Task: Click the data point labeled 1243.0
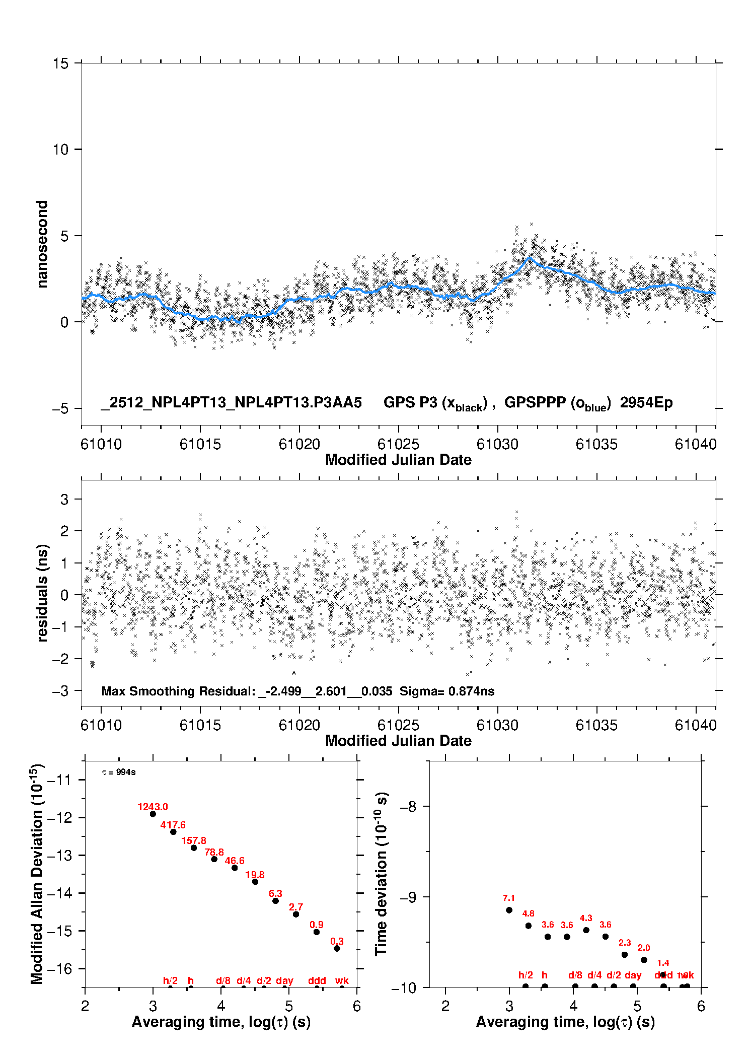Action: coord(153,814)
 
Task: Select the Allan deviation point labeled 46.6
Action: coord(235,868)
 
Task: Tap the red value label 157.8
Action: coord(194,840)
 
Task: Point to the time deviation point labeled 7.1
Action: coord(509,910)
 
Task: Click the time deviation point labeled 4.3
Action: coord(586,930)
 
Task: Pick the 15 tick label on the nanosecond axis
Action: coord(60,63)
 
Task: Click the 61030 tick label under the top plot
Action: coord(497,444)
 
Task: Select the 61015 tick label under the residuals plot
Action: coord(200,725)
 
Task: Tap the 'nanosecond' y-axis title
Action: coord(42,244)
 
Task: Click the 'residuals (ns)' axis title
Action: coord(42,593)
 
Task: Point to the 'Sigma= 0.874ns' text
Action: coord(447,691)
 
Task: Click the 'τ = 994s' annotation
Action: coord(119,772)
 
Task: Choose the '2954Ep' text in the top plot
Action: coord(646,402)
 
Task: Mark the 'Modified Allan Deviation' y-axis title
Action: coord(37,874)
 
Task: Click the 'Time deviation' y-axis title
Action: coord(381,874)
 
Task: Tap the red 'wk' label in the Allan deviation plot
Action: coord(342,980)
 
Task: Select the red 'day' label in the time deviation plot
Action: coord(633,975)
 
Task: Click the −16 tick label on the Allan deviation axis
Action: coord(59,968)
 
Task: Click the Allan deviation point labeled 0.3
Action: coord(337,948)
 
